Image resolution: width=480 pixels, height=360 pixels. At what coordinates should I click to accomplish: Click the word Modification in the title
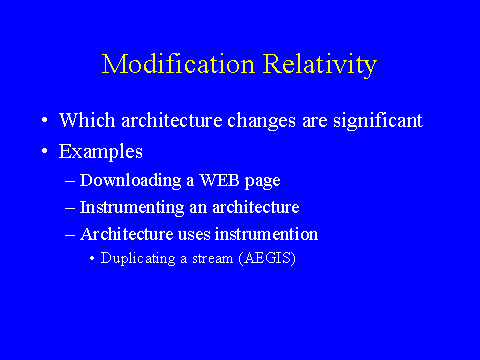coord(178,64)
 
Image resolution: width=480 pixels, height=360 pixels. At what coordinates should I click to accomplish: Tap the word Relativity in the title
coord(320,65)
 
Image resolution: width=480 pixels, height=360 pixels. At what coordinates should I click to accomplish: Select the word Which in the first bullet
coord(87,120)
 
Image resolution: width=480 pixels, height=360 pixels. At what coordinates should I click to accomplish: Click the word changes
coord(261,121)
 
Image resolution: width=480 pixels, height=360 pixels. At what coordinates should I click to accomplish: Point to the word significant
coord(378,121)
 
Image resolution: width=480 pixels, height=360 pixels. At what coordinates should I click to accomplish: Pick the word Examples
coord(101,152)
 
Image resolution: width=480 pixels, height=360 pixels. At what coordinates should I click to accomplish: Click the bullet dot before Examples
coord(45,151)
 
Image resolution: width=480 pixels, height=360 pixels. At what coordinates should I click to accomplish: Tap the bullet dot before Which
coord(45,120)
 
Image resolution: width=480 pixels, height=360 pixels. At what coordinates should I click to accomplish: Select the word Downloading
coord(130,181)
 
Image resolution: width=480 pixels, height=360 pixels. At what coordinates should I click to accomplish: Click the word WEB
coord(219,180)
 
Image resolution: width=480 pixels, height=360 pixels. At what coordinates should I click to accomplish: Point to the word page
coord(262,182)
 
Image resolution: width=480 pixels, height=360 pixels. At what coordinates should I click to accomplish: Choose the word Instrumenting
coord(132,208)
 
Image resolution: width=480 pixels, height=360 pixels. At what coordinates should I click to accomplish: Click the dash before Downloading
coord(70,181)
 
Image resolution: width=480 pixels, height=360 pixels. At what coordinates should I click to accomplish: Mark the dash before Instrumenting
coord(70,208)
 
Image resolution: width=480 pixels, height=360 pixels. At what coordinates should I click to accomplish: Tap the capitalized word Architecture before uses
coord(126,234)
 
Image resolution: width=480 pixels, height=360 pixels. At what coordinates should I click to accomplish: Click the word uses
coord(194,235)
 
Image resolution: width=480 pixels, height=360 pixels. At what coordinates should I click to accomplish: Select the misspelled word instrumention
coord(266,234)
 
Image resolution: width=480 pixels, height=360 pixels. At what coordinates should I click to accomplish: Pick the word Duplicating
coord(138,259)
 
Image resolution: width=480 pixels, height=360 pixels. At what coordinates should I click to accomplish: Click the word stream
coord(212,259)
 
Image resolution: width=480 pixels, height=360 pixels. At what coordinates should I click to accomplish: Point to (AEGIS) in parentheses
coord(267,258)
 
